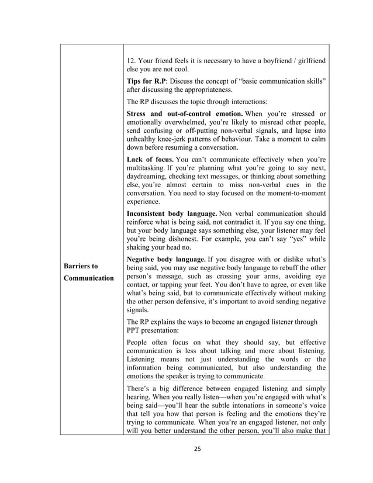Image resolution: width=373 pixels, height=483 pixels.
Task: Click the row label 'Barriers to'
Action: pyautogui.click(x=82, y=265)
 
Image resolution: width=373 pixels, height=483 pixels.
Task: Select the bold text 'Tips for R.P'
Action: pyautogui.click(x=146, y=80)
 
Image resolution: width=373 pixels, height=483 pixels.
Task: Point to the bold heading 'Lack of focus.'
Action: pyautogui.click(x=151, y=159)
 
